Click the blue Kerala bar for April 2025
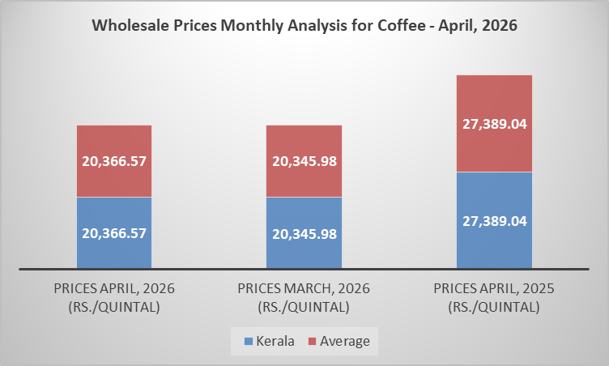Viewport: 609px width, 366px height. tap(494, 243)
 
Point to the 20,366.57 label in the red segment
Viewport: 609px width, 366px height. tap(114, 161)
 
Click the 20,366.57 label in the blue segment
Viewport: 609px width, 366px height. tap(114, 232)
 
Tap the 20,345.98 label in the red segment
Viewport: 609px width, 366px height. tap(304, 161)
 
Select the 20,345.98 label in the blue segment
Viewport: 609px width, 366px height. tap(304, 232)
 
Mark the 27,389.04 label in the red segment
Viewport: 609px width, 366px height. tap(494, 123)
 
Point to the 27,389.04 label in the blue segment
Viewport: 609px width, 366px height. tap(494, 220)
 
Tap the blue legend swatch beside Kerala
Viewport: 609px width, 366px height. tap(247, 341)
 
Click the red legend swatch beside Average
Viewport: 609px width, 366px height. tap(312, 341)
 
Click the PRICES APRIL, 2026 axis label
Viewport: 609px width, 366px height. tap(114, 297)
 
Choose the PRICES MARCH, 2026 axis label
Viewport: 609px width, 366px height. tap(304, 297)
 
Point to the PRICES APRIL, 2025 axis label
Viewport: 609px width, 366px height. tap(494, 297)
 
